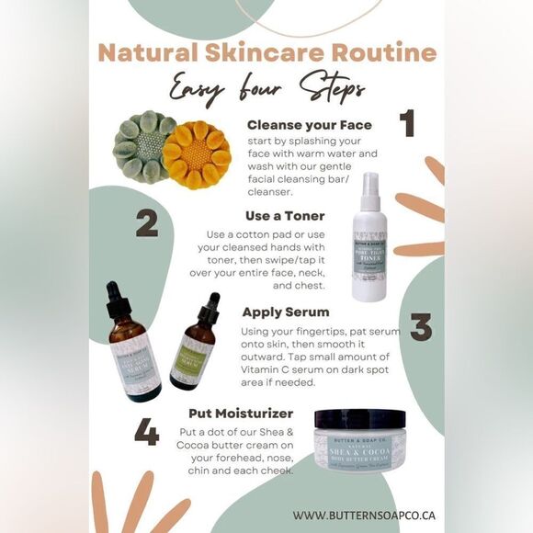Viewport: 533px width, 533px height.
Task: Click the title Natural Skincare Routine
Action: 266,52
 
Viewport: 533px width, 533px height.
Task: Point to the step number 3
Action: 420,326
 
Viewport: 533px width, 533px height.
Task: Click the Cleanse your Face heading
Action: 309,123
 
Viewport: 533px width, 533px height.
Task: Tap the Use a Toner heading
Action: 284,215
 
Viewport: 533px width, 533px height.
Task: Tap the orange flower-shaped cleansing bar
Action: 197,153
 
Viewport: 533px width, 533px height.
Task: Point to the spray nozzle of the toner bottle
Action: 369,184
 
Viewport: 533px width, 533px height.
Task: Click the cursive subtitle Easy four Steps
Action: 266,88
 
